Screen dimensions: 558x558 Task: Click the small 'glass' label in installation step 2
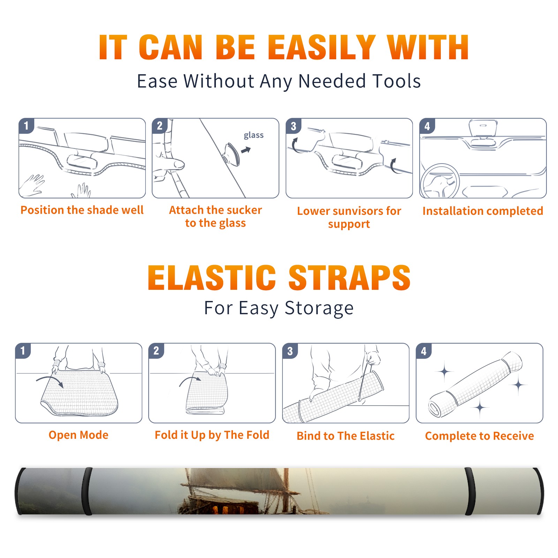(254, 135)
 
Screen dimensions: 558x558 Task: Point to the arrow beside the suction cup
(246, 150)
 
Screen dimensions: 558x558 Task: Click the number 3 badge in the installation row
(293, 126)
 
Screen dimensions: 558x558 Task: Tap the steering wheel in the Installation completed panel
(440, 181)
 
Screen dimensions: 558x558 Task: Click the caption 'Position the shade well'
(82, 210)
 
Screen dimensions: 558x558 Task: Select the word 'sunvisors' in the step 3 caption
(358, 211)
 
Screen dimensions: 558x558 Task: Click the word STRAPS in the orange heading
(349, 278)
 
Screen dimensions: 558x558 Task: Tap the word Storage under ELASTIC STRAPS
(319, 308)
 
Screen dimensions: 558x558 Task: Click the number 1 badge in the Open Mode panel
(23, 350)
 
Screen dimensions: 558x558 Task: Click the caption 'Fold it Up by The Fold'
(212, 435)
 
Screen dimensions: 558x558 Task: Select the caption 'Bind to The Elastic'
(346, 436)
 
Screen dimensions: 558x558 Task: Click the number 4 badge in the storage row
(424, 351)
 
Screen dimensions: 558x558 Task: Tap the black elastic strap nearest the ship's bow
(87, 491)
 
